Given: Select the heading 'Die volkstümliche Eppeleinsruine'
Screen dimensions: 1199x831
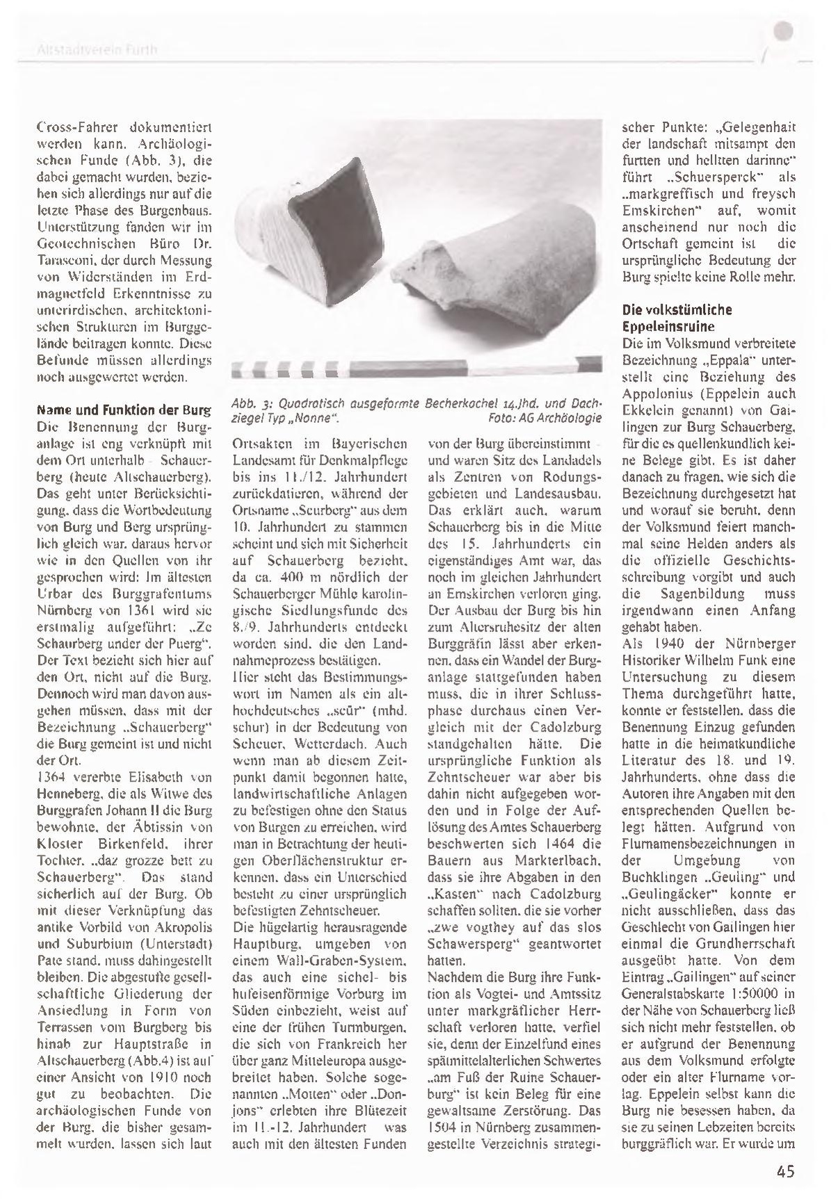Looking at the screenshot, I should [668, 317].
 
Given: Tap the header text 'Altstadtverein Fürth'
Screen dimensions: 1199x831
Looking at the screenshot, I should [97, 50].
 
